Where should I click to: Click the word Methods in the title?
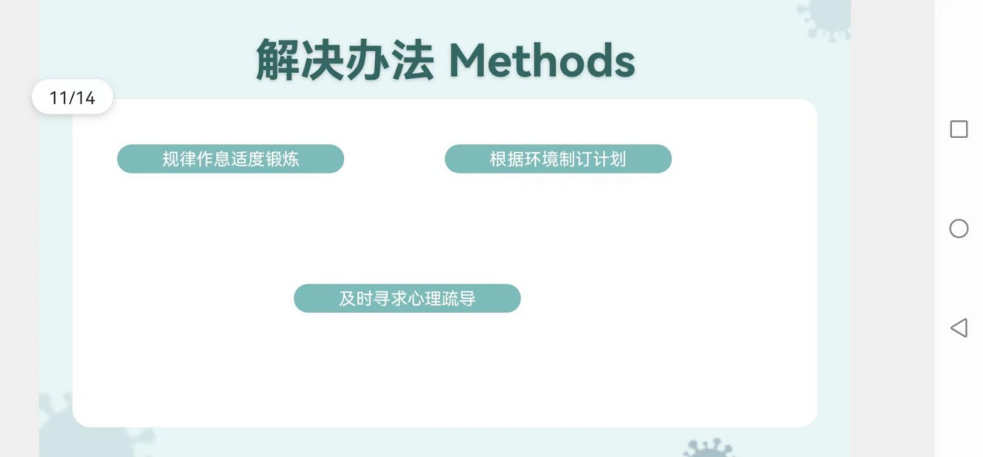tap(542, 61)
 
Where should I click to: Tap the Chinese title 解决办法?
tap(345, 60)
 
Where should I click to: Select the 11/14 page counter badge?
tap(72, 97)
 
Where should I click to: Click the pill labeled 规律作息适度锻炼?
tap(230, 159)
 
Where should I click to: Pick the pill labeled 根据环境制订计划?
tap(558, 159)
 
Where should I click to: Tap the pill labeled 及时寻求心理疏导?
tap(407, 299)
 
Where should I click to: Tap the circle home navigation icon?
tap(959, 229)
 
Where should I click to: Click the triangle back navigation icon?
tap(959, 328)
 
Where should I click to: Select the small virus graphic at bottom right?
tap(708, 448)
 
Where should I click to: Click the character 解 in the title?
tap(278, 60)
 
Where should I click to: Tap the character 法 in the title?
tap(413, 60)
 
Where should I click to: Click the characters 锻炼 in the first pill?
tap(282, 159)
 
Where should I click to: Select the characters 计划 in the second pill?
tap(609, 159)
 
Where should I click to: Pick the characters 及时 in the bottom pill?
tap(356, 299)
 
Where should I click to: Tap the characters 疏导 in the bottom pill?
tap(459, 299)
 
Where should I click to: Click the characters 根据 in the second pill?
tap(507, 159)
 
